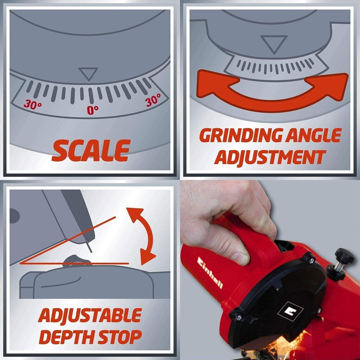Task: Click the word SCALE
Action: coord(91,150)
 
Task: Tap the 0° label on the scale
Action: coord(92,110)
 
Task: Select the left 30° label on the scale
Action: coord(33,104)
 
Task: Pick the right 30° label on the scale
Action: coord(153,99)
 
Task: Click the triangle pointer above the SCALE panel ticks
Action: coord(88,74)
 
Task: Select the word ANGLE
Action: coord(313,135)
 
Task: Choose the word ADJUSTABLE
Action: coord(90,315)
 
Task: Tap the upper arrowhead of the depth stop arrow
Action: coord(135,214)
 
